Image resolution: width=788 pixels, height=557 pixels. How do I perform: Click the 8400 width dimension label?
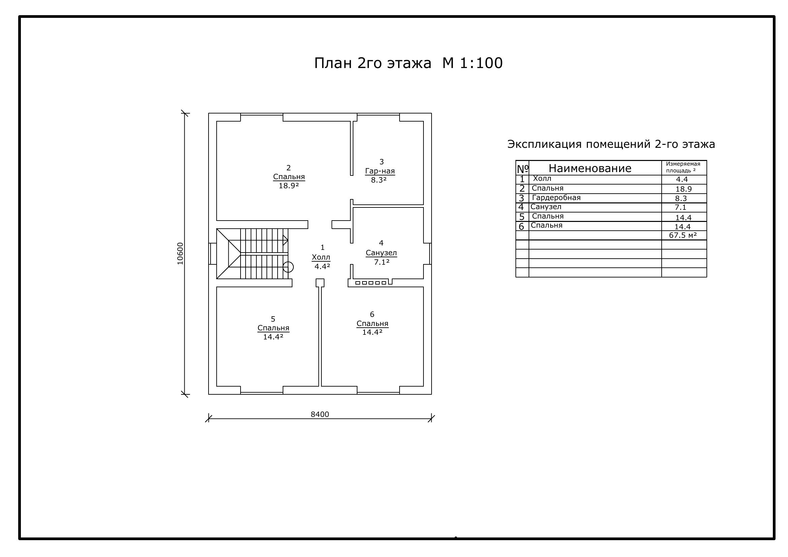coord(320,414)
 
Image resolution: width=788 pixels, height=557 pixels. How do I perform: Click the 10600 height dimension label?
coord(180,254)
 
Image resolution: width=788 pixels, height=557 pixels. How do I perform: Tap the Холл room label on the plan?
coord(321,257)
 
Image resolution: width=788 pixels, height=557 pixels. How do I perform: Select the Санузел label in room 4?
coord(381,253)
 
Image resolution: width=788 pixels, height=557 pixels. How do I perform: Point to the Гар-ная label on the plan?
coord(380,171)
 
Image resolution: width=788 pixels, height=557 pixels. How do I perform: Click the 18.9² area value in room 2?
coord(289,186)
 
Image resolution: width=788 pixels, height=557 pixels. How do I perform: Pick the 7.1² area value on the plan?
coord(382,262)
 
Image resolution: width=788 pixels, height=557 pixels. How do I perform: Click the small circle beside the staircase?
coord(288,267)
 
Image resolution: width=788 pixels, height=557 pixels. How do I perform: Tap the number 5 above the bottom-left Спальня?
coord(273,319)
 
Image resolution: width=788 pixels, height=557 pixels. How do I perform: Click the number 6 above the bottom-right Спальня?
coord(372,314)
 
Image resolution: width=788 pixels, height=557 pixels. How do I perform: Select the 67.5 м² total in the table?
coord(683,235)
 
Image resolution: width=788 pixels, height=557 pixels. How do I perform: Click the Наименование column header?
coord(590,168)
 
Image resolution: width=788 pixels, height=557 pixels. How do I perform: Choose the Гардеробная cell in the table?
coord(556,198)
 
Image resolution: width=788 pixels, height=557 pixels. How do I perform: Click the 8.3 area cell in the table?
coord(681,198)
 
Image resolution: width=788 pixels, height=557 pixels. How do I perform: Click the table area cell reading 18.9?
coord(684,189)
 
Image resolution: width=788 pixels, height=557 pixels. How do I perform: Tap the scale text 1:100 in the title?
coord(481,63)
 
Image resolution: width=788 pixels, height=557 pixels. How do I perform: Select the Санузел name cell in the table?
coord(546,207)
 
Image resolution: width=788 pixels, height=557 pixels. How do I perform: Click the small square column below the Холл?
coord(320,283)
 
